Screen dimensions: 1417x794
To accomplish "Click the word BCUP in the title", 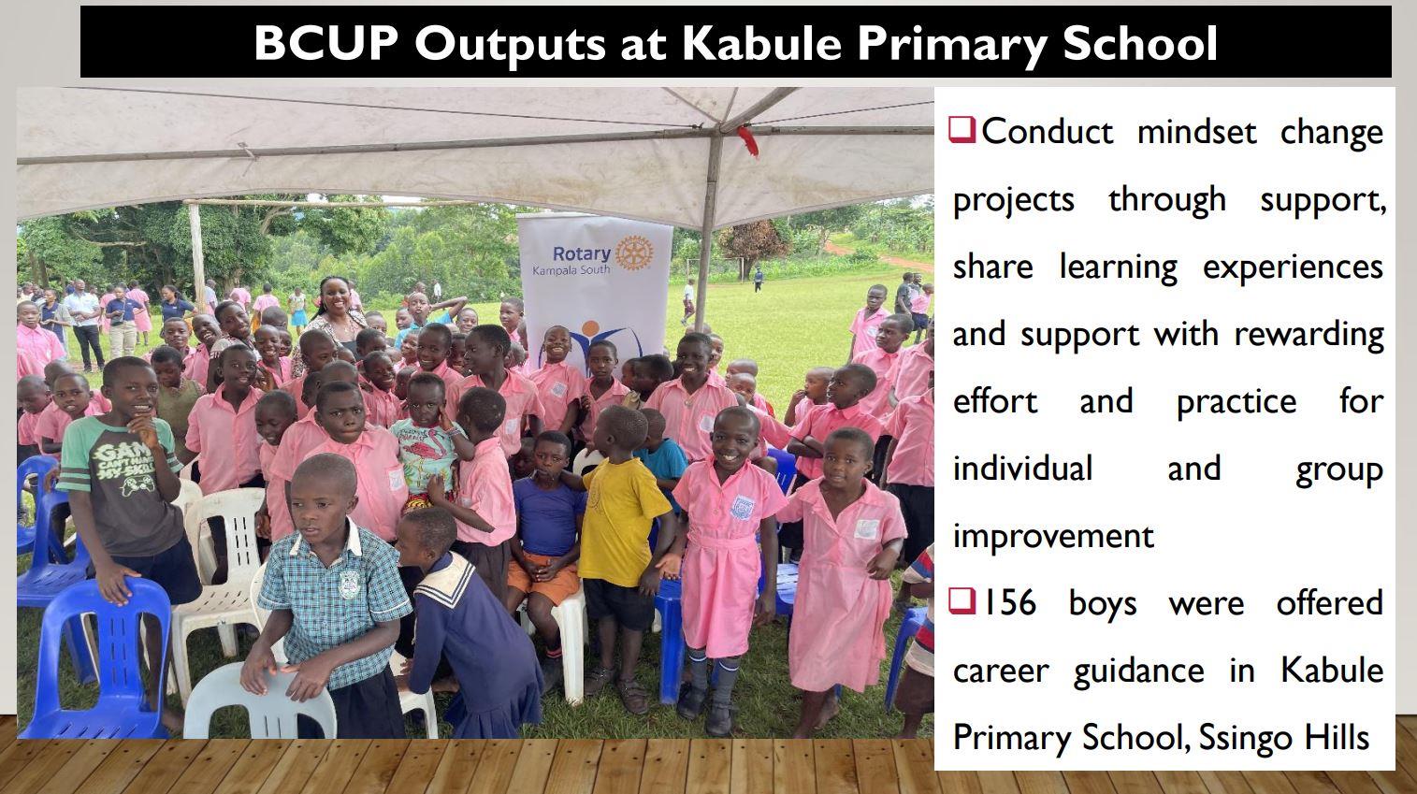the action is point(326,43).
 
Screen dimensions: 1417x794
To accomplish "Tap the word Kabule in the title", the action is point(761,43).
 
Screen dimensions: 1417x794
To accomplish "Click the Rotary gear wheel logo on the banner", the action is point(633,253).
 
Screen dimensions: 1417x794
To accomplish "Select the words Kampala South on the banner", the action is point(571,270).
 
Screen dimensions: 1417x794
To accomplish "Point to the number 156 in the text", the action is point(1009,602).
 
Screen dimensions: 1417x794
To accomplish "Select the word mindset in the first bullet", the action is point(1197,132).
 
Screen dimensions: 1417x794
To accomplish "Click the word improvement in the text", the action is point(1053,537).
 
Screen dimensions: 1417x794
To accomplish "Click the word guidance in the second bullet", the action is point(1138,671).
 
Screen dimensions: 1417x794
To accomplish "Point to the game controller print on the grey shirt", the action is point(137,484).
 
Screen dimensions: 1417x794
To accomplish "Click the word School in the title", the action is point(1140,43).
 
